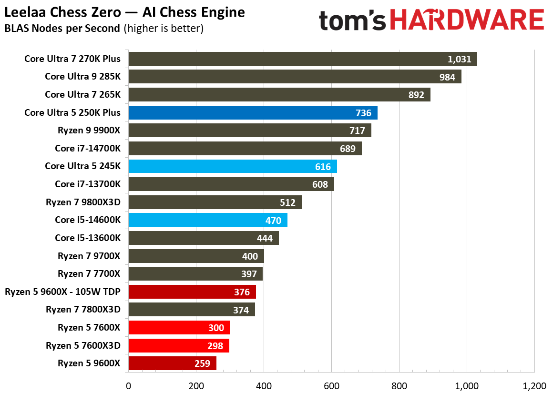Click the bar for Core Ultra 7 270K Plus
pyautogui.click(x=302, y=59)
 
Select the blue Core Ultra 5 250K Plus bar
pyautogui.click(x=253, y=113)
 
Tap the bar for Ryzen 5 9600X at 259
pyautogui.click(x=172, y=363)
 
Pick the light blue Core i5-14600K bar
pyautogui.click(x=208, y=220)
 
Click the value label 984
pyautogui.click(x=447, y=77)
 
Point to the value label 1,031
pyautogui.click(x=459, y=60)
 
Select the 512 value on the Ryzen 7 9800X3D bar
pyautogui.click(x=288, y=202)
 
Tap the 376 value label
pyautogui.click(x=242, y=292)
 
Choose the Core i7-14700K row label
pyautogui.click(x=88, y=148)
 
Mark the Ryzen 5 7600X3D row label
pyautogui.click(x=83, y=345)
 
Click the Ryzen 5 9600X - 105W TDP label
pyautogui.click(x=62, y=292)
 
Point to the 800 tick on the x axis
pyautogui.click(x=399, y=384)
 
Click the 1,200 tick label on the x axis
pyautogui.click(x=534, y=384)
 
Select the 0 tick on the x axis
pyautogui.click(x=128, y=384)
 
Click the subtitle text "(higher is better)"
pyautogui.click(x=164, y=29)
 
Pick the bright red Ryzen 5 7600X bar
pyautogui.click(x=179, y=328)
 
